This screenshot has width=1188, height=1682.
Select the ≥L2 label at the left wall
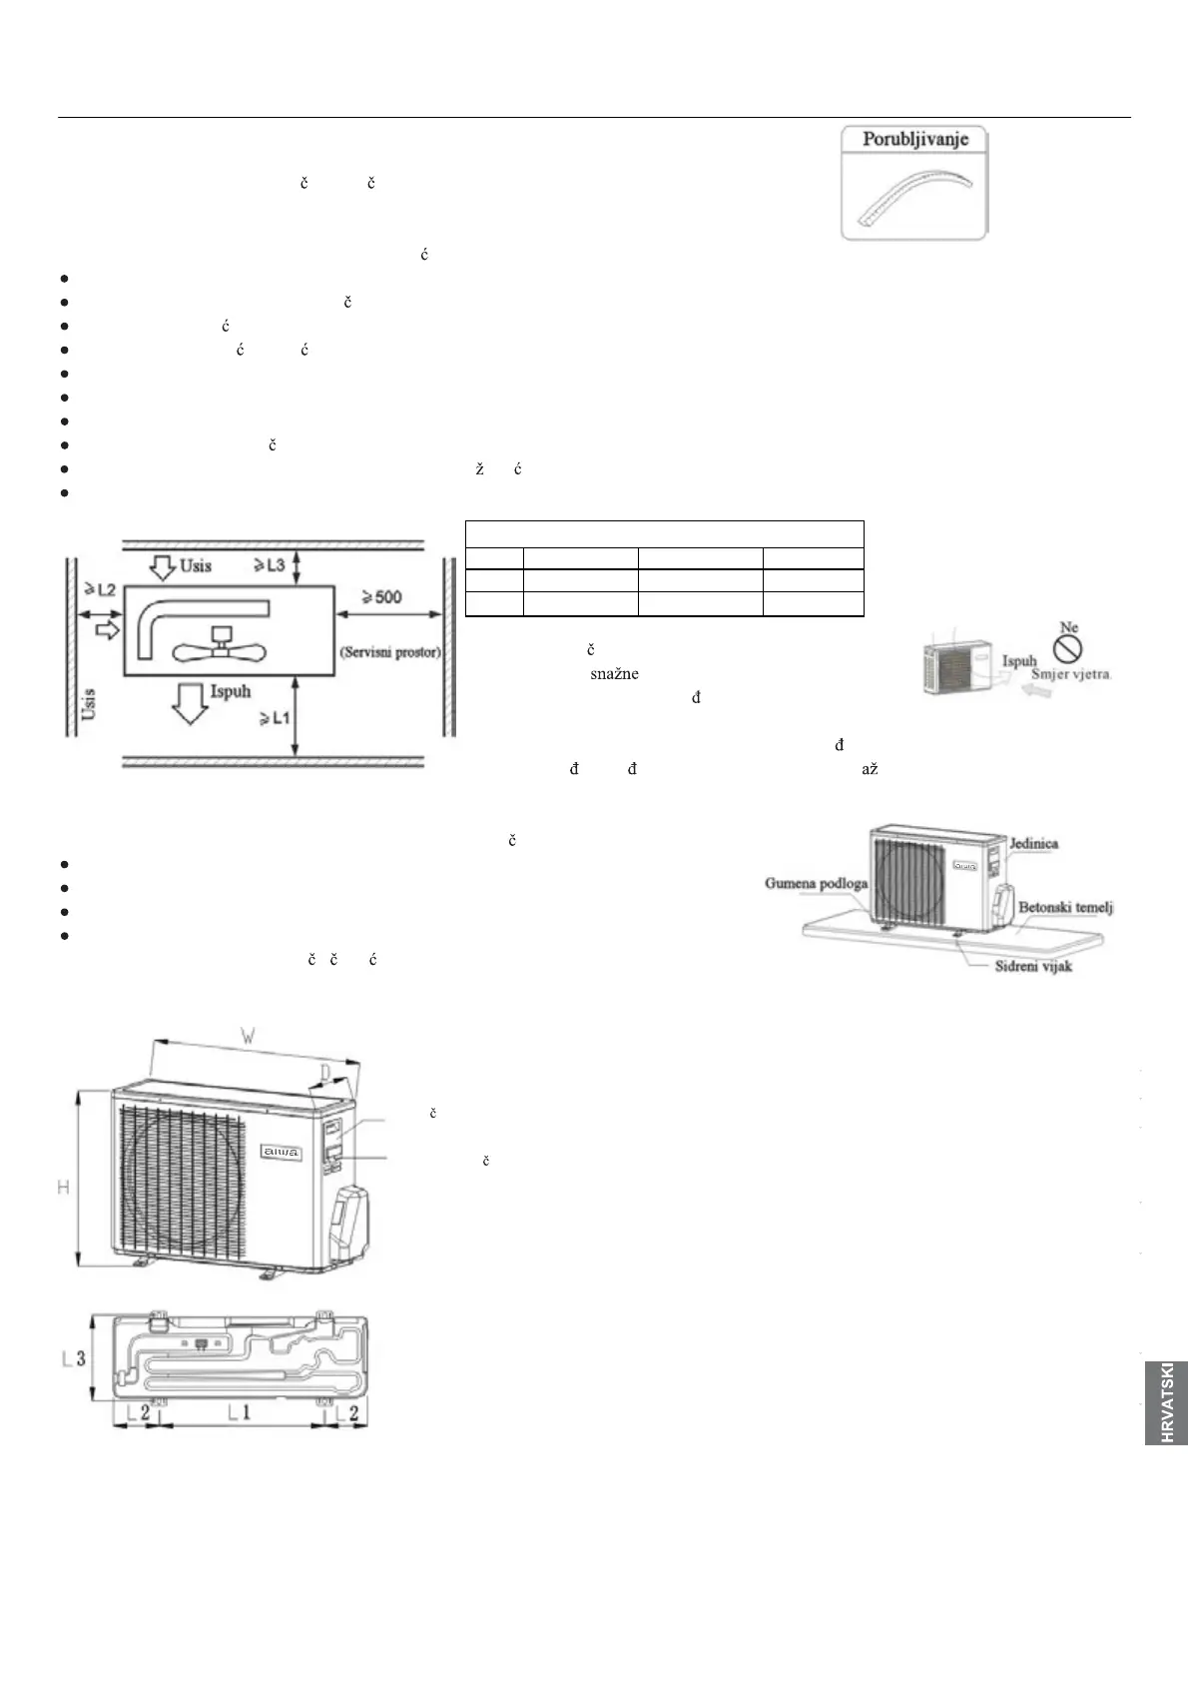[99, 590]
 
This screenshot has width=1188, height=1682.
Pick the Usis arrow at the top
[161, 566]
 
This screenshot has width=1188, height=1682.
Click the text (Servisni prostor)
[390, 652]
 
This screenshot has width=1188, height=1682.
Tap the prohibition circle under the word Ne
[1070, 650]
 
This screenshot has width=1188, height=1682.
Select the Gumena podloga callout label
[817, 883]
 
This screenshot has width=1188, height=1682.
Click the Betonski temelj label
[1064, 907]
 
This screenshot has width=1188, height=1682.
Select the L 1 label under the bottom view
[240, 1411]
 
